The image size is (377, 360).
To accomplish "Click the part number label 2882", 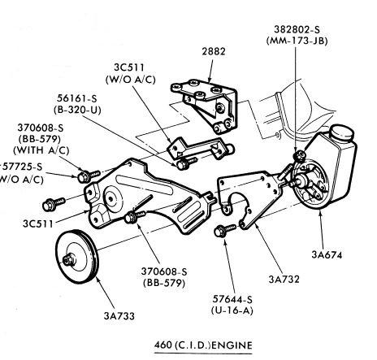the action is click(214, 51).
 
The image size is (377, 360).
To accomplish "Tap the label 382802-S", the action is click(297, 29).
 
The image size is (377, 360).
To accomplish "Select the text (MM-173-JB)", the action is click(297, 41).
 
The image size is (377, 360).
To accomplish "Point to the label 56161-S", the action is click(77, 98).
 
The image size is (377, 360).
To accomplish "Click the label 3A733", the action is click(119, 316).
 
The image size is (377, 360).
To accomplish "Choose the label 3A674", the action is click(327, 254).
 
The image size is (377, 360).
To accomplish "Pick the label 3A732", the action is click(284, 279).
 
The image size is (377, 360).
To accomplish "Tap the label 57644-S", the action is click(232, 299).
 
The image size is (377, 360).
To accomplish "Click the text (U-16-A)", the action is click(232, 310).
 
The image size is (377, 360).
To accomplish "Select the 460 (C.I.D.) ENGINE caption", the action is click(203, 345).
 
